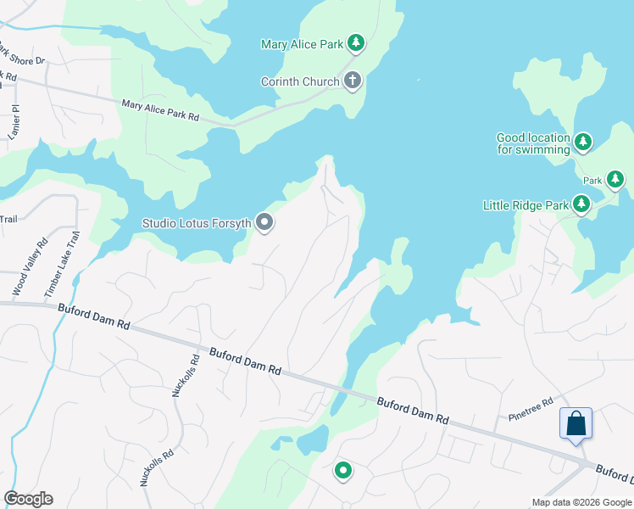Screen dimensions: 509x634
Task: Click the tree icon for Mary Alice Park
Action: click(356, 43)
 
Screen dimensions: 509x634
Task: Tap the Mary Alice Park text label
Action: click(302, 44)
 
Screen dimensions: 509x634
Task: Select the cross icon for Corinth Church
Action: click(353, 81)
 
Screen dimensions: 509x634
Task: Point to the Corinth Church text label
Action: click(300, 82)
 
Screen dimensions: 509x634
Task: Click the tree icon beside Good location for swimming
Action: click(582, 143)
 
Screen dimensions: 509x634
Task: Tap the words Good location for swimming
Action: click(533, 143)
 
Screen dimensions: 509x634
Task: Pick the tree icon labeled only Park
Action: click(615, 180)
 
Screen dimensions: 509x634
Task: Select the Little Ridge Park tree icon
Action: click(581, 204)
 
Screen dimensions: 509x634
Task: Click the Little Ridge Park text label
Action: click(526, 205)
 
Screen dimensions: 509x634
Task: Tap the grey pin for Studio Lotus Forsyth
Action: click(264, 223)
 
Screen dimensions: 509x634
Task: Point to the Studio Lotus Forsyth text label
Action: click(196, 224)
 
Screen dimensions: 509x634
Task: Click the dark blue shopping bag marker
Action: click(576, 423)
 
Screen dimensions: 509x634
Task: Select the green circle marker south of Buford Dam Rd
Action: click(343, 470)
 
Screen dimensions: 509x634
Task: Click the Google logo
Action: click(28, 499)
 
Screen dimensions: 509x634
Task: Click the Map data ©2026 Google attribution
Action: click(581, 502)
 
